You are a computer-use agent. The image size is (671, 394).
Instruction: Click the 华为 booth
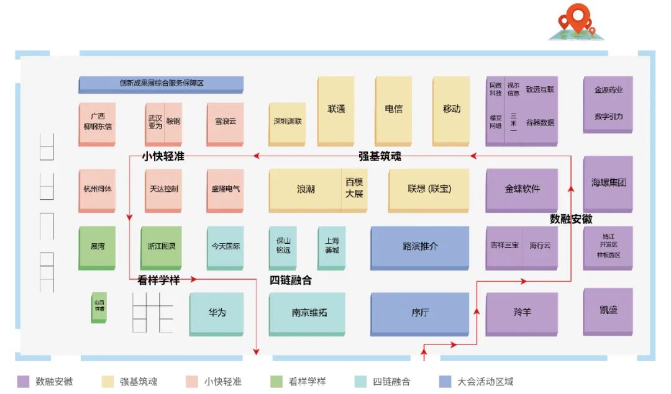click(x=216, y=313)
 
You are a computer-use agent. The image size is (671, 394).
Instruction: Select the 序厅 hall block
click(x=419, y=313)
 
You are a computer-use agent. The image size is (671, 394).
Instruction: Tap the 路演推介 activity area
click(x=419, y=246)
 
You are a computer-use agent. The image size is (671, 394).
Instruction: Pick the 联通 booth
click(x=335, y=109)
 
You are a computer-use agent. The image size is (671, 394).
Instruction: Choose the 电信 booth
click(x=393, y=109)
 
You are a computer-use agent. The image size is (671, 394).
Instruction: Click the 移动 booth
click(x=451, y=109)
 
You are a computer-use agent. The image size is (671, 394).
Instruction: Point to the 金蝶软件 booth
click(x=521, y=189)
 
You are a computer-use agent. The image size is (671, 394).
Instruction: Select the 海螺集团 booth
click(x=608, y=183)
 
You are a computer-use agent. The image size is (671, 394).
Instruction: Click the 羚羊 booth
click(x=521, y=313)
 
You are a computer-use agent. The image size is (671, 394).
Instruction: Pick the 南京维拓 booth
click(x=307, y=313)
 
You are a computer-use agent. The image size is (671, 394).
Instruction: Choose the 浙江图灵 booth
click(x=161, y=246)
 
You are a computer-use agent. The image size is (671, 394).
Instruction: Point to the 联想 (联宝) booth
click(x=429, y=189)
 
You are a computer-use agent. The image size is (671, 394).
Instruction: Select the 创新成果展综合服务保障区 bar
click(x=161, y=83)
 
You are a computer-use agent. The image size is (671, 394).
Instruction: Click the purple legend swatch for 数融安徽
click(x=24, y=381)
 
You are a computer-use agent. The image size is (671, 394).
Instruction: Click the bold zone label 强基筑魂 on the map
click(x=380, y=156)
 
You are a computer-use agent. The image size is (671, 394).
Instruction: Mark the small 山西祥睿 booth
click(x=99, y=307)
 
